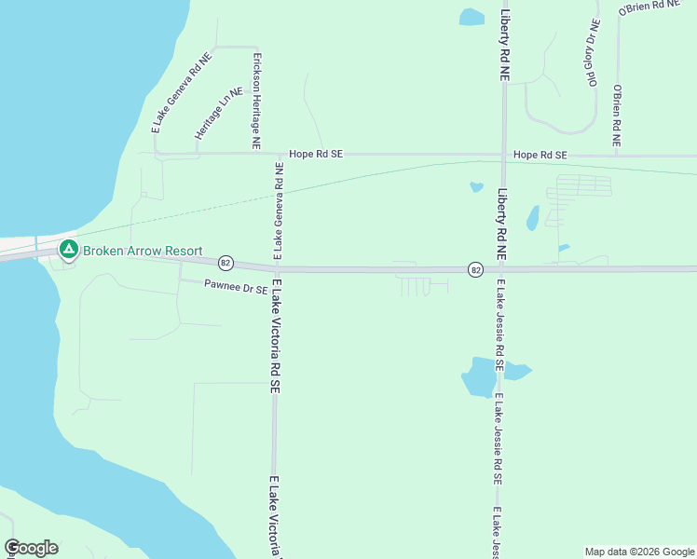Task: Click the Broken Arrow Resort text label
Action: tap(143, 250)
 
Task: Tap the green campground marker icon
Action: tap(68, 250)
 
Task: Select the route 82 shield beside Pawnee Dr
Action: tap(226, 264)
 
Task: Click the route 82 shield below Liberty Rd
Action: tap(475, 269)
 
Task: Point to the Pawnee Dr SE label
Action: tap(236, 289)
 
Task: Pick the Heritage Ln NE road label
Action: tap(217, 115)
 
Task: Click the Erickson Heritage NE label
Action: tap(256, 101)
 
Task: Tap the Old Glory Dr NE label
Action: tap(591, 54)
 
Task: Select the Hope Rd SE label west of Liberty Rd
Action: tap(316, 154)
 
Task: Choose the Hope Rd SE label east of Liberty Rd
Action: tap(540, 154)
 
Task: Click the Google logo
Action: tap(31, 548)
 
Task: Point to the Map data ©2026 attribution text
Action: tap(638, 552)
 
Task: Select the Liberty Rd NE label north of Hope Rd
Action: tap(504, 46)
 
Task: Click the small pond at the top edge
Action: tap(472, 17)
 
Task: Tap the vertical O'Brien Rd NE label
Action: tap(616, 116)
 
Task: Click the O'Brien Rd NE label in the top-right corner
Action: tap(651, 8)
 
